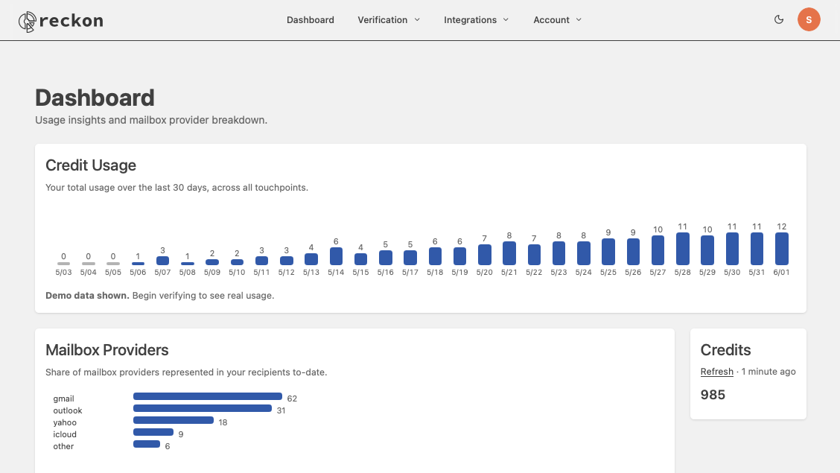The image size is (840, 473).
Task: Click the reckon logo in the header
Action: (60, 21)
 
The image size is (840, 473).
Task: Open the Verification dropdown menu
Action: (389, 20)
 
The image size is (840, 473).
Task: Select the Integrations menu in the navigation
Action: (477, 20)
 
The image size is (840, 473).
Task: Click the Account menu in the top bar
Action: (557, 20)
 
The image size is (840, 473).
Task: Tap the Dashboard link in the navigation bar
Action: (311, 20)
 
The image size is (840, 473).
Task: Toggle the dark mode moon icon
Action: (779, 19)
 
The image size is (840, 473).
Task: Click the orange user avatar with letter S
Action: (809, 19)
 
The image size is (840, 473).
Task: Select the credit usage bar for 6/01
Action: (782, 249)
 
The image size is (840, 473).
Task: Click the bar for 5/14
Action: (336, 256)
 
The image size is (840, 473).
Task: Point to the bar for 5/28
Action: (682, 249)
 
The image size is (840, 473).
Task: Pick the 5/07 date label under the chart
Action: (162, 272)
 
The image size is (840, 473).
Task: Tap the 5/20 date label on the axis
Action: (484, 272)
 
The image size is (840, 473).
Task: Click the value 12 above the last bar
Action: (782, 226)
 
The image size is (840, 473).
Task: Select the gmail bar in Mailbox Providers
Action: (207, 396)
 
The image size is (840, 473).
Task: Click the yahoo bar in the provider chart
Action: (174, 420)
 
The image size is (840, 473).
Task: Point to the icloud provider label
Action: (65, 434)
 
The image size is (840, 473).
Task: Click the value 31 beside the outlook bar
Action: (281, 410)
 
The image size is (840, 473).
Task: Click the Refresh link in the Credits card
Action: (717, 371)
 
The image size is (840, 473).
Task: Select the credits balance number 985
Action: (713, 395)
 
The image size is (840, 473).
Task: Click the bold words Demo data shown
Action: (87, 295)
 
